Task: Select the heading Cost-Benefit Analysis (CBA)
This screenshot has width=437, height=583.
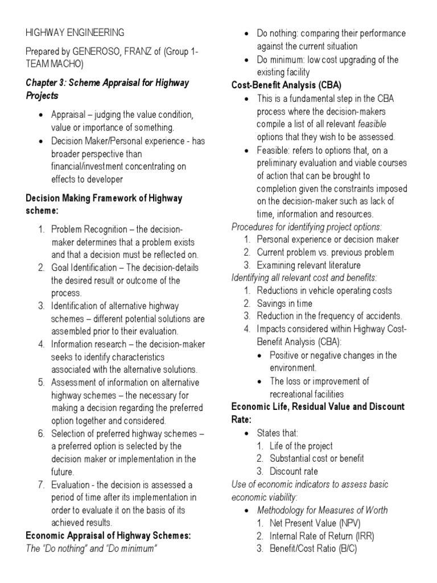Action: coord(286,85)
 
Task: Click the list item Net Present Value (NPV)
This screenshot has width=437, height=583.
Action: coord(308,523)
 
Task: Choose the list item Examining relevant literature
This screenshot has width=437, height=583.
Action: coord(308,265)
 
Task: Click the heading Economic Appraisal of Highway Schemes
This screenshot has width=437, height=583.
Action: coord(108,536)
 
